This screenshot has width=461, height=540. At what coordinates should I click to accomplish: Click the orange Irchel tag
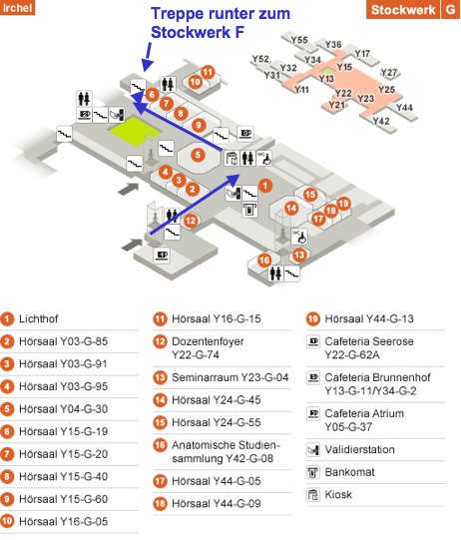[17, 7]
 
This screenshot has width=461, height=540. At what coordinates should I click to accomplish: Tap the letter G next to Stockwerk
[451, 9]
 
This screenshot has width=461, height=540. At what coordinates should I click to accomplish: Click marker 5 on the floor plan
[198, 155]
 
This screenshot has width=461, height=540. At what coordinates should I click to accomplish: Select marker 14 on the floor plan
[291, 208]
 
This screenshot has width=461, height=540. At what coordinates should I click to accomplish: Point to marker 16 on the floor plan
[264, 261]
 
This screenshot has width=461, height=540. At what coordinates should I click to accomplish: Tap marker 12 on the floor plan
[191, 221]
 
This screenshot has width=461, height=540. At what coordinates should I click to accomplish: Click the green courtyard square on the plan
[135, 131]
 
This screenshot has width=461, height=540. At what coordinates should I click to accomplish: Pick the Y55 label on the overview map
[299, 40]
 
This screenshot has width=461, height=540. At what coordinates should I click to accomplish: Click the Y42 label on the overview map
[381, 121]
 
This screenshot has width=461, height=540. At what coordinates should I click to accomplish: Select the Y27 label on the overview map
[389, 72]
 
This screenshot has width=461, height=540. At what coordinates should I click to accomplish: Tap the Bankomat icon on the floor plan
[249, 210]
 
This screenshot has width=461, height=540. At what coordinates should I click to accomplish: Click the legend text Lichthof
[39, 318]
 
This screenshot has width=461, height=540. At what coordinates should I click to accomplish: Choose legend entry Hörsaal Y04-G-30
[63, 409]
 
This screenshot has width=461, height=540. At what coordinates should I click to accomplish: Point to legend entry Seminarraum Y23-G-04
[230, 377]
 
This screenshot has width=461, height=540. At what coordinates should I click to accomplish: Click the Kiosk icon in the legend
[313, 494]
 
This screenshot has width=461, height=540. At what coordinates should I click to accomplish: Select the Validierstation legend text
[360, 449]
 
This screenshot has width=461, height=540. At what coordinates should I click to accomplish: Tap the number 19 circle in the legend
[313, 318]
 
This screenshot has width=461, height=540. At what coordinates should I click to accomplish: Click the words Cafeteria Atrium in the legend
[364, 413]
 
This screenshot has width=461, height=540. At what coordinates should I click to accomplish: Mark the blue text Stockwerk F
[198, 32]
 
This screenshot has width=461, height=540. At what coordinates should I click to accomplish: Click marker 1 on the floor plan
[265, 186]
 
